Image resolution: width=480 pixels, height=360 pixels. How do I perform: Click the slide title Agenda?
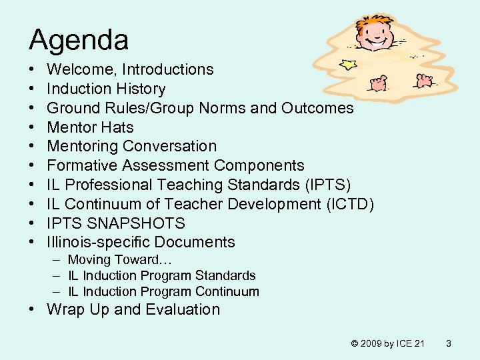click(x=79, y=40)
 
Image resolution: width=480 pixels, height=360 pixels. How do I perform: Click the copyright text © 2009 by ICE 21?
click(x=387, y=343)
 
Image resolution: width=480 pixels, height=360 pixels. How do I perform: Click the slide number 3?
click(x=449, y=343)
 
